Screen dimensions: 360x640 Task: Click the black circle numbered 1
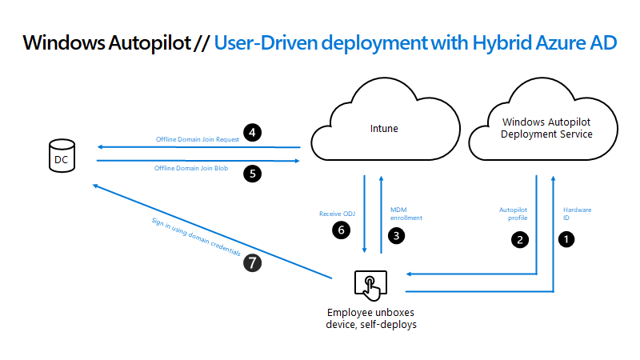pyautogui.click(x=567, y=238)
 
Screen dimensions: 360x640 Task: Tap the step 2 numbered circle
pyautogui.click(x=520, y=238)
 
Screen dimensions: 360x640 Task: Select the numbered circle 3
pyautogui.click(x=395, y=236)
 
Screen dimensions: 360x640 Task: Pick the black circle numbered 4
pyautogui.click(x=254, y=133)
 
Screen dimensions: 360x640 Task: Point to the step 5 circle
pyautogui.click(x=254, y=170)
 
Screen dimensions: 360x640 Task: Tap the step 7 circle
pyautogui.click(x=252, y=262)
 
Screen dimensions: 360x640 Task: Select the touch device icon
pyautogui.click(x=370, y=284)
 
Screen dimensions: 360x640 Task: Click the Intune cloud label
pyautogui.click(x=384, y=128)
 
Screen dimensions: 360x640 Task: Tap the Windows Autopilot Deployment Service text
pyautogui.click(x=546, y=128)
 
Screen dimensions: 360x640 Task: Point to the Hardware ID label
pyautogui.click(x=578, y=213)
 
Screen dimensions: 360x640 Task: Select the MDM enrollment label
pyautogui.click(x=406, y=214)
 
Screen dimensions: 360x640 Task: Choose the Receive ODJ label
pyautogui.click(x=336, y=214)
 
